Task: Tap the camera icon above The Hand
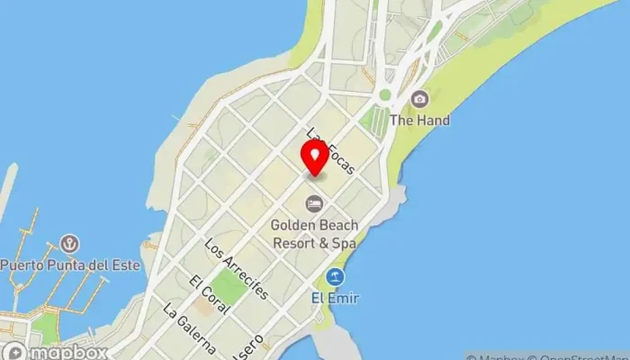click(418, 99)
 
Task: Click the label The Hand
click(419, 120)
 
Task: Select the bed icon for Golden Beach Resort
click(314, 204)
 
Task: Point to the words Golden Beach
click(315, 225)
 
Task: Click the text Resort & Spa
click(315, 242)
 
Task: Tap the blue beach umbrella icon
click(336, 276)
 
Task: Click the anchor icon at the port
click(68, 243)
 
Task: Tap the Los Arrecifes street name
click(237, 268)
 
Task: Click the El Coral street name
click(206, 294)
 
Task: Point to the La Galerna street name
click(189, 327)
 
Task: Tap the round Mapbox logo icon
click(13, 352)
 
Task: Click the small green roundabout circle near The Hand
click(385, 94)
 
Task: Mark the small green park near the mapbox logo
click(45, 328)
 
